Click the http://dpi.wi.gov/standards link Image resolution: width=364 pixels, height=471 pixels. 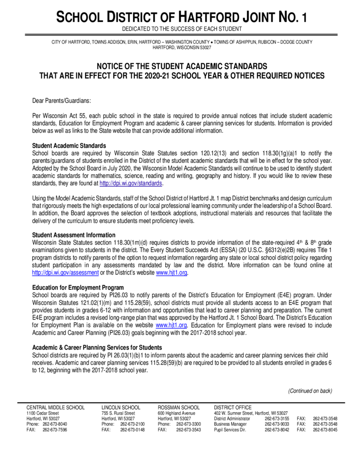pyautogui.click(x=131, y=183)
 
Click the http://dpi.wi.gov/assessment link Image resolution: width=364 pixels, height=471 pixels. pyautogui.click(x=65, y=272)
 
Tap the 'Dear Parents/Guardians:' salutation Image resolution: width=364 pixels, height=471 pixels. pyautogui.click(x=61, y=100)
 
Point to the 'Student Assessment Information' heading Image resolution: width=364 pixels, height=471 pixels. pyautogui.click(x=73, y=235)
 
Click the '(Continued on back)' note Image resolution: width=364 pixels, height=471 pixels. pyautogui.click(x=310, y=391)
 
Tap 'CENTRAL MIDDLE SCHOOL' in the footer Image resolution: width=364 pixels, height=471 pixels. pyautogui.click(x=55, y=408)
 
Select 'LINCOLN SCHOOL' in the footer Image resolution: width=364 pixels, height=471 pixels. pyautogui.click(x=121, y=408)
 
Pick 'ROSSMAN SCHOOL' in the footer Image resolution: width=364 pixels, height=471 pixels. pyautogui.click(x=179, y=408)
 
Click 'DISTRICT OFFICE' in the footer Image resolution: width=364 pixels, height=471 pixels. pyautogui.click(x=233, y=408)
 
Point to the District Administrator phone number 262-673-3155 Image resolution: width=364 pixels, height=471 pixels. pyautogui.click(x=277, y=419)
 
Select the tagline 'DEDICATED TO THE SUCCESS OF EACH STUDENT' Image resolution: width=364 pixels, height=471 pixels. pyautogui.click(x=182, y=29)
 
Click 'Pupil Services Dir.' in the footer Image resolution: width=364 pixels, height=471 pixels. pyautogui.click(x=230, y=430)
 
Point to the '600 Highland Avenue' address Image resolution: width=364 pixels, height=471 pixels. pyautogui.click(x=177, y=413)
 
